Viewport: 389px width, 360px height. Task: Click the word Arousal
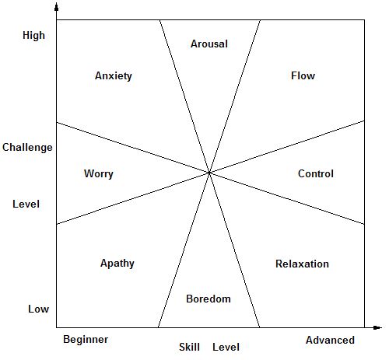209,44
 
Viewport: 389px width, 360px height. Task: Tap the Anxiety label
114,76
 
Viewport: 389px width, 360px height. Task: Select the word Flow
303,75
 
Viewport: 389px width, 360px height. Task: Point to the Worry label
99,174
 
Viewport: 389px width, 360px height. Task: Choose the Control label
316,173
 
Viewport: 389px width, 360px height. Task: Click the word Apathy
117,264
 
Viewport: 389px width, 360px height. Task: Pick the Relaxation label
302,264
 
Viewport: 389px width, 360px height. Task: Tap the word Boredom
209,299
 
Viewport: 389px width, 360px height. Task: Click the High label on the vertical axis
33,36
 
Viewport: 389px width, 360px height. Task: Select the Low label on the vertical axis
38,309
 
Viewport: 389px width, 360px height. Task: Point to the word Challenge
27,148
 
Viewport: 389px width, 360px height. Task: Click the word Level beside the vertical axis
26,204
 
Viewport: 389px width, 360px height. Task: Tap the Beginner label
86,340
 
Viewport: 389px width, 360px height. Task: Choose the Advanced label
330,340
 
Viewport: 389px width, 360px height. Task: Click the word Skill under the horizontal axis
189,347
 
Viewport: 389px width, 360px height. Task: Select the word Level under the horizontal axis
226,347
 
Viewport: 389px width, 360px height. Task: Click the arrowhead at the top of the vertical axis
57,7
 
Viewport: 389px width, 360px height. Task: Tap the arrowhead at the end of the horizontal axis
377,327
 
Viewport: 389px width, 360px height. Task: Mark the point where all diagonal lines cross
209,173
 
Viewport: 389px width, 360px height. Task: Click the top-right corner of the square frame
364,19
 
